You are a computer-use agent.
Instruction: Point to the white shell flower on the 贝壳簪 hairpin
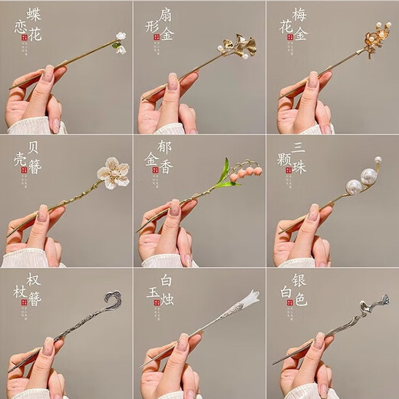click(x=113, y=173)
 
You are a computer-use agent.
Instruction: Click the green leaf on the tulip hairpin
click(x=224, y=175)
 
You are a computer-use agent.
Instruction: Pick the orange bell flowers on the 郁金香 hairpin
click(x=245, y=173)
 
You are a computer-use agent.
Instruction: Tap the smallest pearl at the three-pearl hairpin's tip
click(x=377, y=161)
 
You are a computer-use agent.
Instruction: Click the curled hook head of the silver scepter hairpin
click(x=114, y=298)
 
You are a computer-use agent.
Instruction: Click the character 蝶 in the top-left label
click(x=34, y=15)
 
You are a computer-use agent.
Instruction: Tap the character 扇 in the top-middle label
click(x=164, y=14)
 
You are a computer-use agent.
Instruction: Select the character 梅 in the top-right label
click(x=298, y=14)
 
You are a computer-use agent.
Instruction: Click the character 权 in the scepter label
click(x=34, y=279)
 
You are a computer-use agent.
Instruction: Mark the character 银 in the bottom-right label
click(x=298, y=279)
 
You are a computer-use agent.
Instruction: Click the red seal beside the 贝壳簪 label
click(x=25, y=170)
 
